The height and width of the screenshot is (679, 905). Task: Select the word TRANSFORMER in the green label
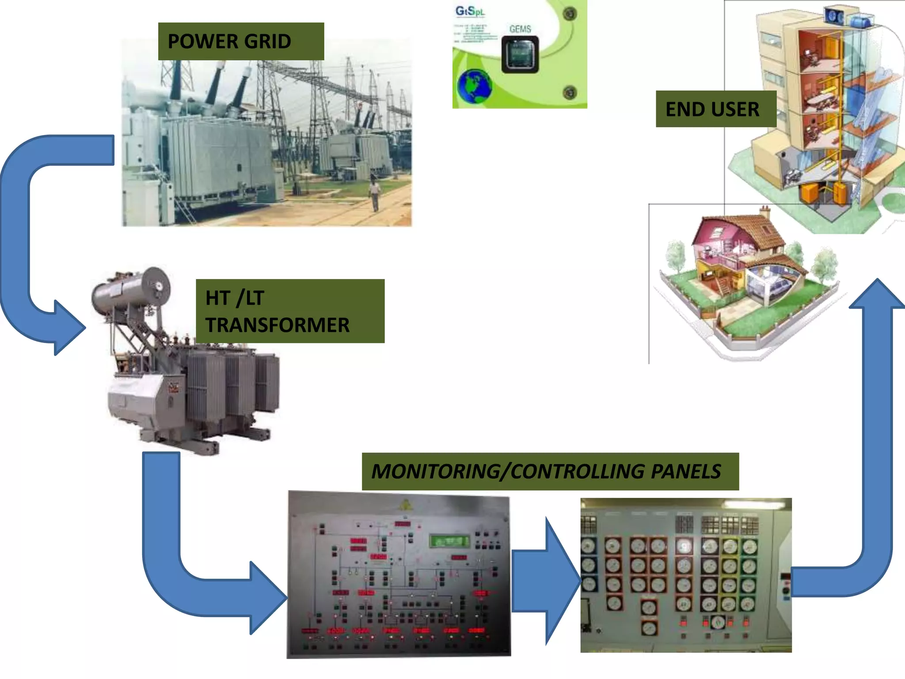(278, 325)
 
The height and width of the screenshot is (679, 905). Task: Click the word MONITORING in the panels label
(435, 472)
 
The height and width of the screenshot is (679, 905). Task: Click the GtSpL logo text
(470, 11)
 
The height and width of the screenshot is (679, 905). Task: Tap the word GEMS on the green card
(520, 29)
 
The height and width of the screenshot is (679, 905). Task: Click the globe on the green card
(475, 86)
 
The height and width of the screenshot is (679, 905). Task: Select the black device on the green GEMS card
(520, 55)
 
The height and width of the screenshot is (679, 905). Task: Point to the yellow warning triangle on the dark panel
(405, 505)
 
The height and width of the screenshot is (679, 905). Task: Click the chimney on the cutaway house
(764, 211)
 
